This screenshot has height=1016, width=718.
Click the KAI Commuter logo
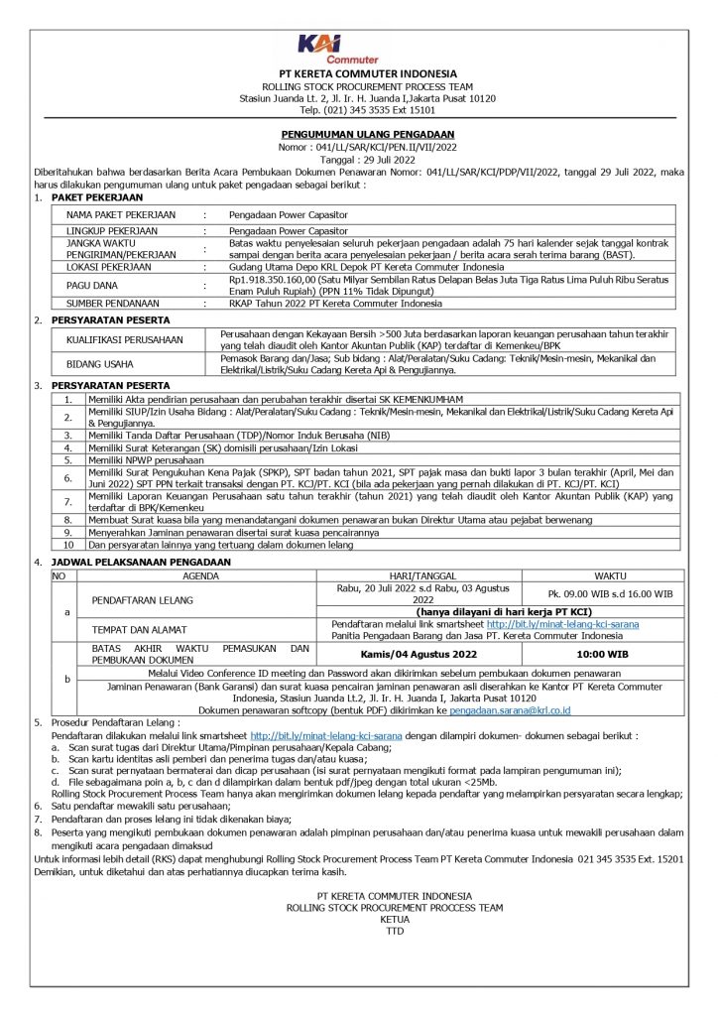(338, 48)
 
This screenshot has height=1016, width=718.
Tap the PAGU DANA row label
(92, 285)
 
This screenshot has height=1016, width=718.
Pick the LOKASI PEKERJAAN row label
(110, 268)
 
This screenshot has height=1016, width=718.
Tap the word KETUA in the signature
(395, 919)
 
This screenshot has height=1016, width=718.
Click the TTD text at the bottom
(395, 931)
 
